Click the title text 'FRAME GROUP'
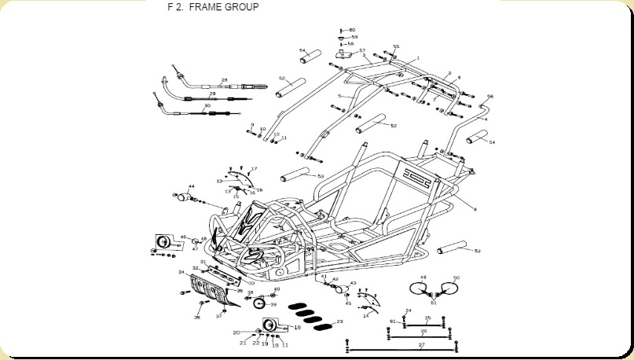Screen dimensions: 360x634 (225, 7)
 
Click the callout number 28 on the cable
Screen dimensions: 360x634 (224, 79)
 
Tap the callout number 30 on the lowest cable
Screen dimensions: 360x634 (207, 106)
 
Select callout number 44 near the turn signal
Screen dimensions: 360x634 (191, 186)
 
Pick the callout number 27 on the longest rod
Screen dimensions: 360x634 (422, 344)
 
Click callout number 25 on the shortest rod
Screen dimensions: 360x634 (427, 318)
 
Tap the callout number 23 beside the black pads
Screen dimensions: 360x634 (339, 321)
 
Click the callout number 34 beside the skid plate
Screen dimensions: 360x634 (181, 272)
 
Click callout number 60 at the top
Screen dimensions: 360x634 (352, 30)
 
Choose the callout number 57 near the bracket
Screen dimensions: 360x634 (362, 51)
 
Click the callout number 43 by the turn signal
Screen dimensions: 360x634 (353, 283)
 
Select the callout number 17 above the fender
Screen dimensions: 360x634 (254, 169)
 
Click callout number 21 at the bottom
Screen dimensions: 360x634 (244, 343)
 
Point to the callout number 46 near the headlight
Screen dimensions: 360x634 (183, 237)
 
